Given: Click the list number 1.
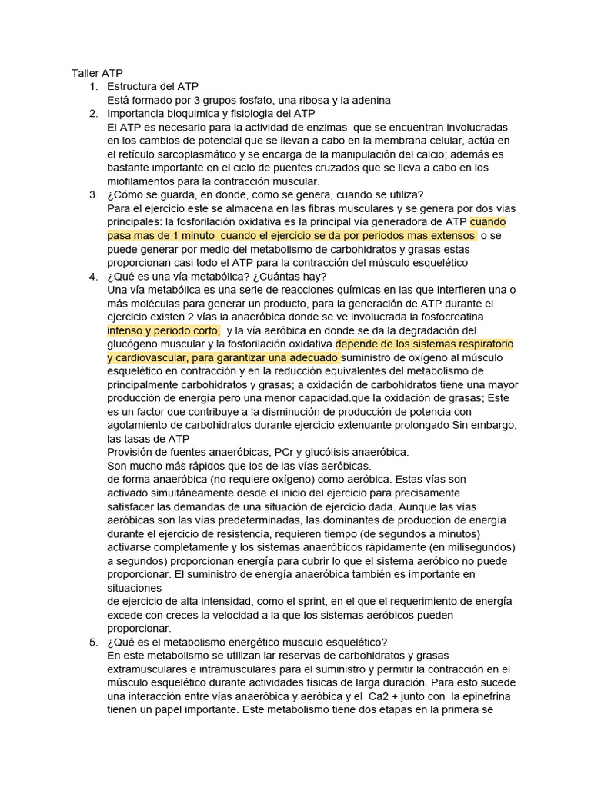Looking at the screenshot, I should point(93,86).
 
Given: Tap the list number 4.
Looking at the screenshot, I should point(93,277).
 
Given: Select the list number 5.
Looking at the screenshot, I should point(93,643).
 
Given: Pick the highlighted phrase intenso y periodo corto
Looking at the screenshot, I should point(163,330).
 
